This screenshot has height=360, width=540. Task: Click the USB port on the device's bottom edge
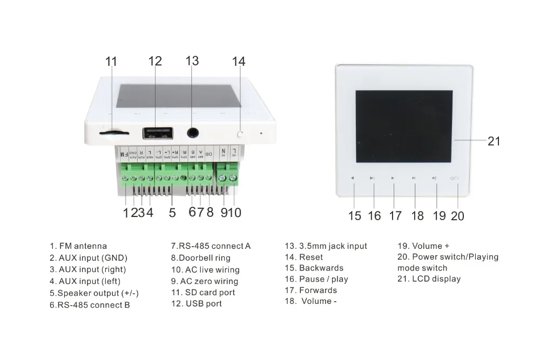(158, 132)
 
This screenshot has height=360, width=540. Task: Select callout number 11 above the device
(111, 62)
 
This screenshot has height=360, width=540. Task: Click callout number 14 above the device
(239, 62)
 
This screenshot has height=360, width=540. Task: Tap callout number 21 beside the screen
(494, 141)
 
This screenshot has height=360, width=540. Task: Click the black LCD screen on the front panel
(404, 126)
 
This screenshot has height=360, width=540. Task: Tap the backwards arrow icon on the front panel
(352, 178)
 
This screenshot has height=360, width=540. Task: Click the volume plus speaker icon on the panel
(434, 178)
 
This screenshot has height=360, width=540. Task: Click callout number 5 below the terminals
(172, 213)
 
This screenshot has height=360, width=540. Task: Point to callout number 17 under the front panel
(395, 216)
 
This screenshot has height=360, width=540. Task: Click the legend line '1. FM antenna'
(78, 246)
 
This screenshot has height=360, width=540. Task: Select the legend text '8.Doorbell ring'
(201, 258)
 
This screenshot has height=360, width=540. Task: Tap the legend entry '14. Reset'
(303, 257)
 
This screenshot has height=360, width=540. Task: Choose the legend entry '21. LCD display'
(429, 279)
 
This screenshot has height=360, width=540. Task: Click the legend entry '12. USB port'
(197, 303)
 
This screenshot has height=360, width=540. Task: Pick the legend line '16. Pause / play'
(316, 279)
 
